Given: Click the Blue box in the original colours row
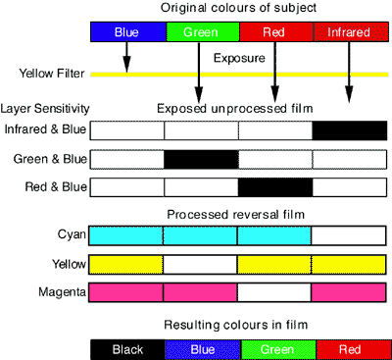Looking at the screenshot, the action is (x=127, y=32).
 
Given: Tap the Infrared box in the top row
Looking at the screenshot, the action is (x=350, y=32).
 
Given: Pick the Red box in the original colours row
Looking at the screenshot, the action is (x=275, y=32).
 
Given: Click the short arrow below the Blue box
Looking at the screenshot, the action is (x=127, y=57).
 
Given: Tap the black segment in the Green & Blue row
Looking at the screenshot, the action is (x=201, y=159).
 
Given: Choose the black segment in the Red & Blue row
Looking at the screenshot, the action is (x=275, y=186).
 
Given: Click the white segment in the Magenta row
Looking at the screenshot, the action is (x=275, y=292).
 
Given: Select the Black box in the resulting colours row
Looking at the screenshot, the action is (x=127, y=348).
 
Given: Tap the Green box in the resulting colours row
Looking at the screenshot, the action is (x=275, y=348).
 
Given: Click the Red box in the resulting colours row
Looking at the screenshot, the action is (x=350, y=348).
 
